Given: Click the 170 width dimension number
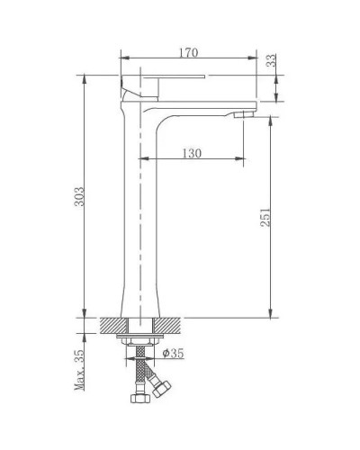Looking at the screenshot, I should tap(187, 53).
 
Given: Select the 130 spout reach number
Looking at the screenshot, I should tap(191, 154).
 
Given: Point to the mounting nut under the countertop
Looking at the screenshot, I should tap(140, 341).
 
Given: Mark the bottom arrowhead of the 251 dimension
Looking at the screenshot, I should tap(270, 314).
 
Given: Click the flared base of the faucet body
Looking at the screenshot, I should tap(140, 301).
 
